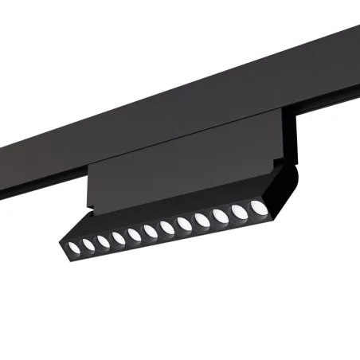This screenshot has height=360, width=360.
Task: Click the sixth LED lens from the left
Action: coord(151,231)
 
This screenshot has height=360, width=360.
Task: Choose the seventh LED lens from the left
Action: coord(167,227)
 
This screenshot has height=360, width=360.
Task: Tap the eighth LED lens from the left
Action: coord(185,223)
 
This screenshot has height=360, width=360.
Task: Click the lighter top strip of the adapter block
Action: coord(183,135)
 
